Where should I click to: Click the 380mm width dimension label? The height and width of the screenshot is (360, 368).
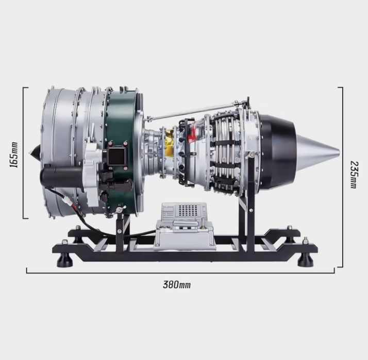point(177,285)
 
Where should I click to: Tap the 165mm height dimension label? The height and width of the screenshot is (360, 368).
point(13,155)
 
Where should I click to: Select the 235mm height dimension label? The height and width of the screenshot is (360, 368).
point(353,175)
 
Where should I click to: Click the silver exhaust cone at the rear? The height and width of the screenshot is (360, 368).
point(317,150)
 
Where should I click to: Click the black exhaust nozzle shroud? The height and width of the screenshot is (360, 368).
point(278,150)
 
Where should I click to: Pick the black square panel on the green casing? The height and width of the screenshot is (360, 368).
point(116,157)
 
